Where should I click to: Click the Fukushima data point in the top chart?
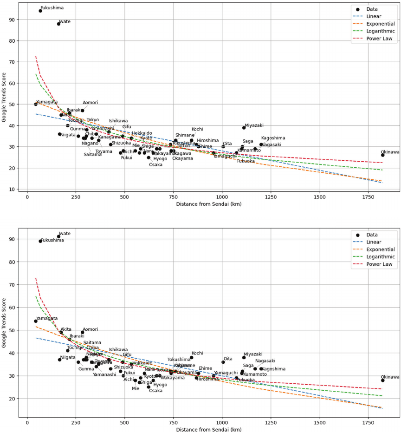(x=40, y=11)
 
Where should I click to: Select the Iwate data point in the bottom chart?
(x=58, y=236)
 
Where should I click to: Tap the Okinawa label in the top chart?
(x=390, y=152)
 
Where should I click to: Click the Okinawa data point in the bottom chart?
(x=383, y=380)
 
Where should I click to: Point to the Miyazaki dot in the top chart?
(x=244, y=128)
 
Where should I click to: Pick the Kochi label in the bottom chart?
(x=197, y=354)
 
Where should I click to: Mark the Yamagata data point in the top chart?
(x=36, y=104)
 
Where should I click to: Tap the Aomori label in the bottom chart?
(x=90, y=329)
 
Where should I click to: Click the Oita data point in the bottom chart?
(x=223, y=362)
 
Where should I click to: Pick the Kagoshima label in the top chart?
(x=273, y=138)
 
